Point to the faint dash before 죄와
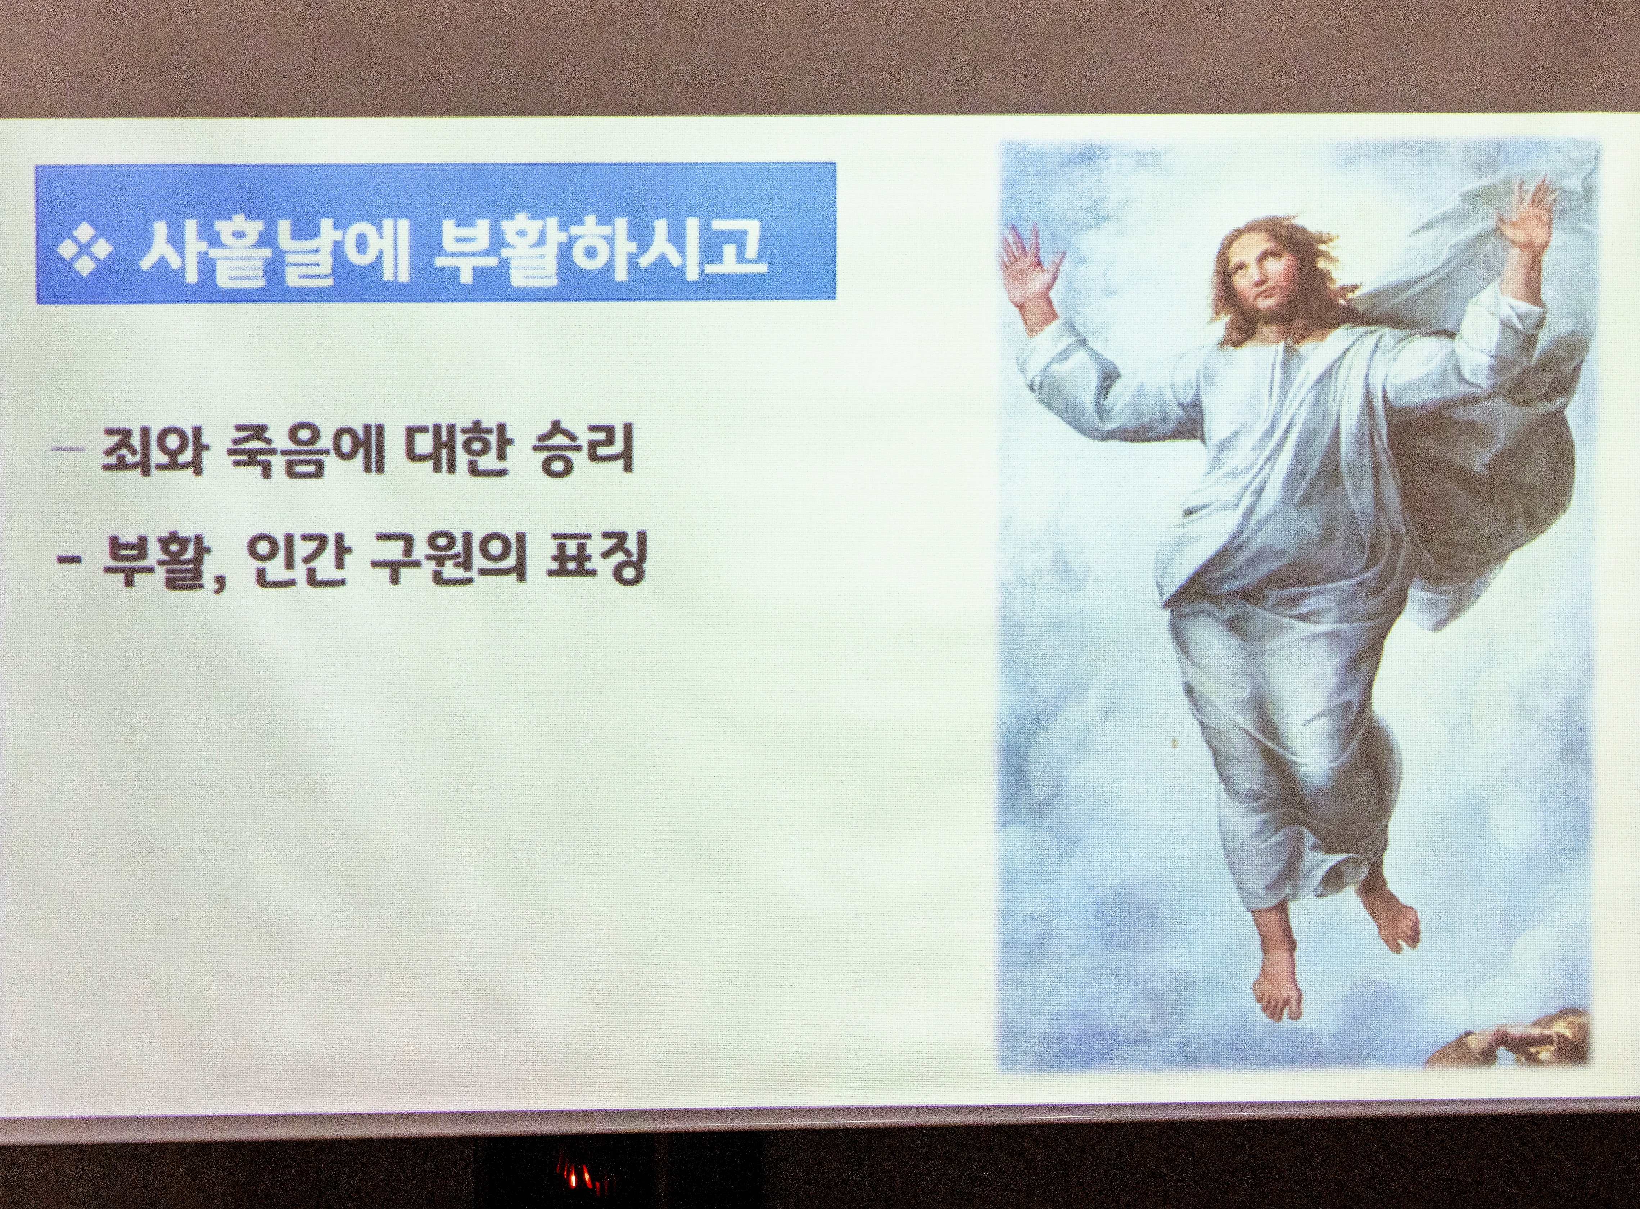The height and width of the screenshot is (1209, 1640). (x=72, y=449)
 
